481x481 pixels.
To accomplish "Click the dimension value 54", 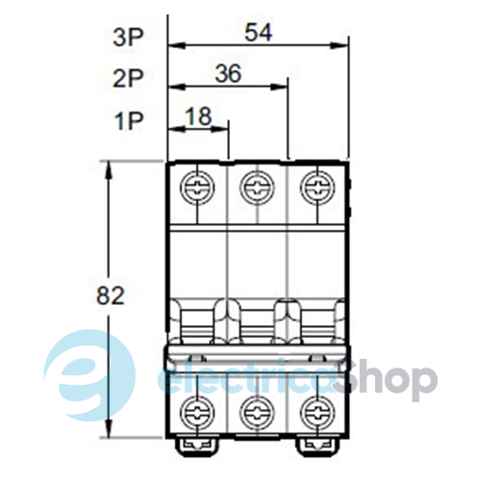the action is (259, 33).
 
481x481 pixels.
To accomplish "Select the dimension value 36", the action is (228, 73).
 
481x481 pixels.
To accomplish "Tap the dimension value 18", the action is (199, 116).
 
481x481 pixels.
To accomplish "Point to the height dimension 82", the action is (110, 295).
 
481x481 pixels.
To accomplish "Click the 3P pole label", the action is (128, 38).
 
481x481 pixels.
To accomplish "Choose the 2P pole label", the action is (128, 78).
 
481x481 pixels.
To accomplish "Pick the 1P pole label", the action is (129, 121).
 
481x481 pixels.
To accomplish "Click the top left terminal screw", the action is (197, 188).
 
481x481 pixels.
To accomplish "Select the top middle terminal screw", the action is (257, 188).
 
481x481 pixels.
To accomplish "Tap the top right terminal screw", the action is (317, 188).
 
